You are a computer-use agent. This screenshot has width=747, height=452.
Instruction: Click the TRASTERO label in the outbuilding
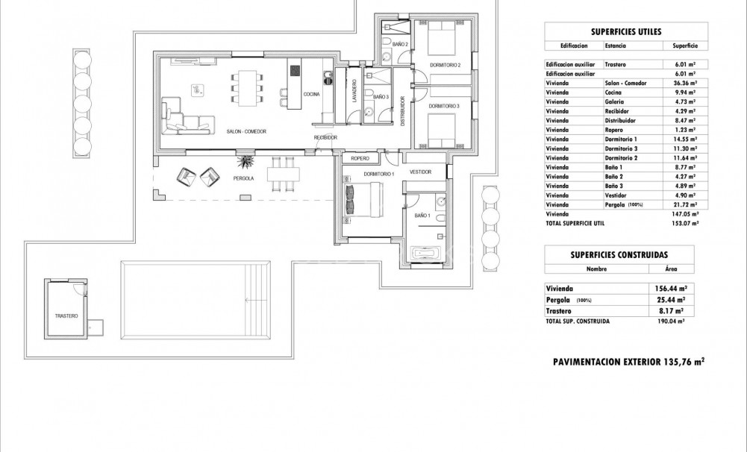66,316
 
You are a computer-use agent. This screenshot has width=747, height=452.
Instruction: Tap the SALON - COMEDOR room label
246,131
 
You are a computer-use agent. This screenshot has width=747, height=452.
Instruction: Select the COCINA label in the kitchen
310,93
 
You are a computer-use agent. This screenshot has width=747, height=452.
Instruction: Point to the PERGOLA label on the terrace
243,179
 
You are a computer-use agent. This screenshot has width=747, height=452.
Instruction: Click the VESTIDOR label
421,172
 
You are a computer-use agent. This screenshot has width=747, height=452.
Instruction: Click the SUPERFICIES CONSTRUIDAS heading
619,254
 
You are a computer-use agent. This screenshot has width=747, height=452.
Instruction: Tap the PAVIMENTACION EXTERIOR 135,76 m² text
628,362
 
